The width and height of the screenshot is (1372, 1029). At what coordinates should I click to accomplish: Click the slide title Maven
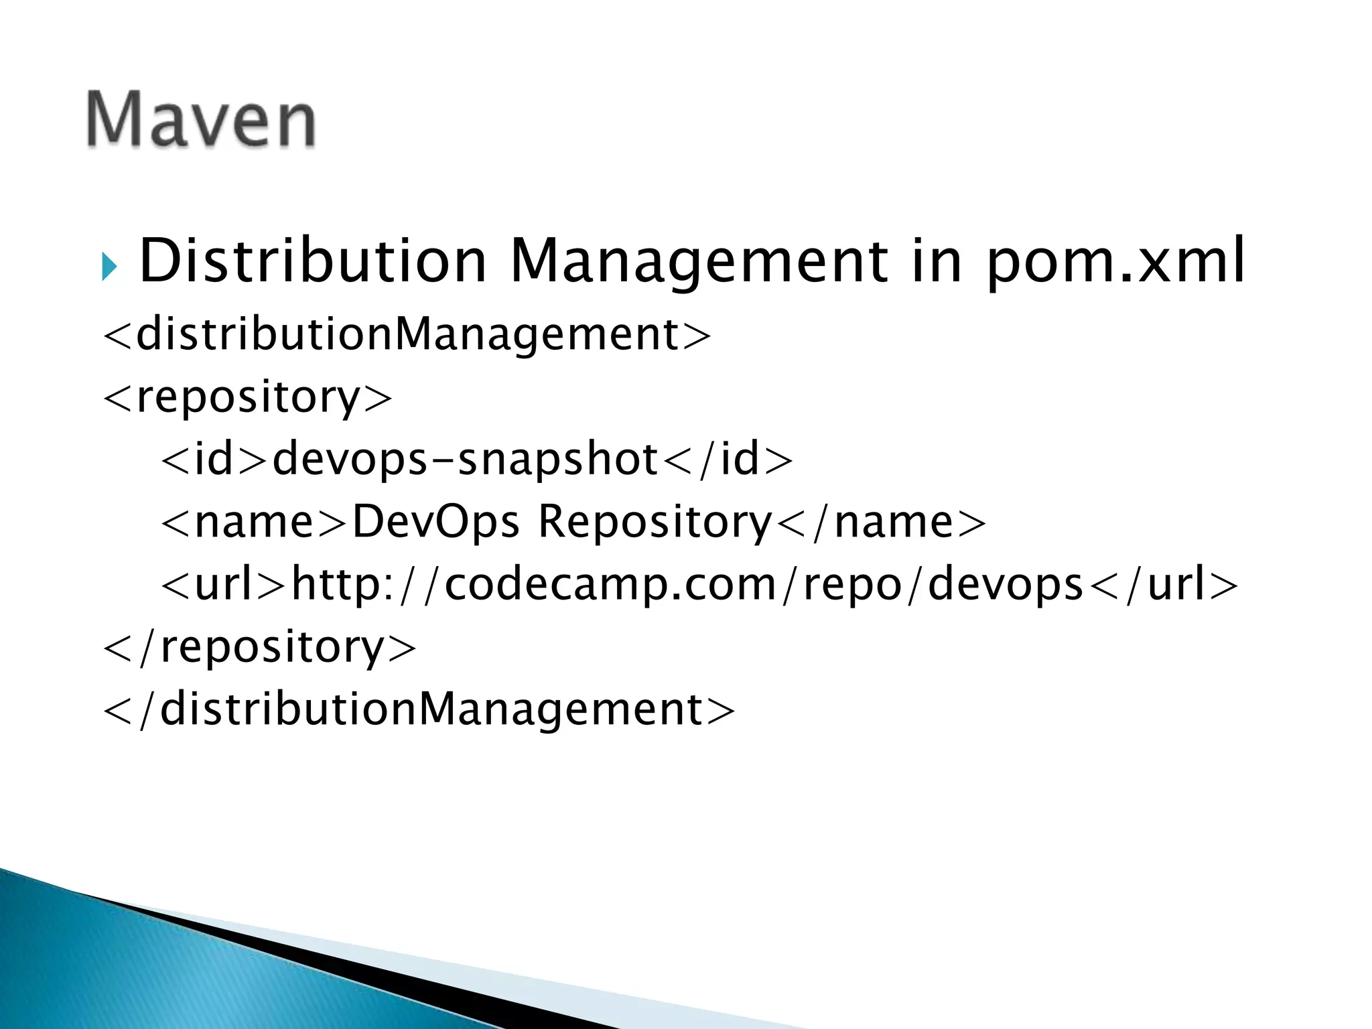[x=201, y=119]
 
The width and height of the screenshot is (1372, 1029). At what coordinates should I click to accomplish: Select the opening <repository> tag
[x=247, y=397]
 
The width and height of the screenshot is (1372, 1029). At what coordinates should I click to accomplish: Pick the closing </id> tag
[x=727, y=460]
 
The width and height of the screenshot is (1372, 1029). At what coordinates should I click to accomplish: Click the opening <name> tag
[x=255, y=522]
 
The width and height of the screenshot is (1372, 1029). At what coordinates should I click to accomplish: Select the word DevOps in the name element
[x=435, y=522]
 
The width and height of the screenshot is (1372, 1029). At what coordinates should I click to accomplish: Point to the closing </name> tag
[x=881, y=522]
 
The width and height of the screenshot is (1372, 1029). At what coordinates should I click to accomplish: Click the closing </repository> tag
[x=260, y=646]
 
